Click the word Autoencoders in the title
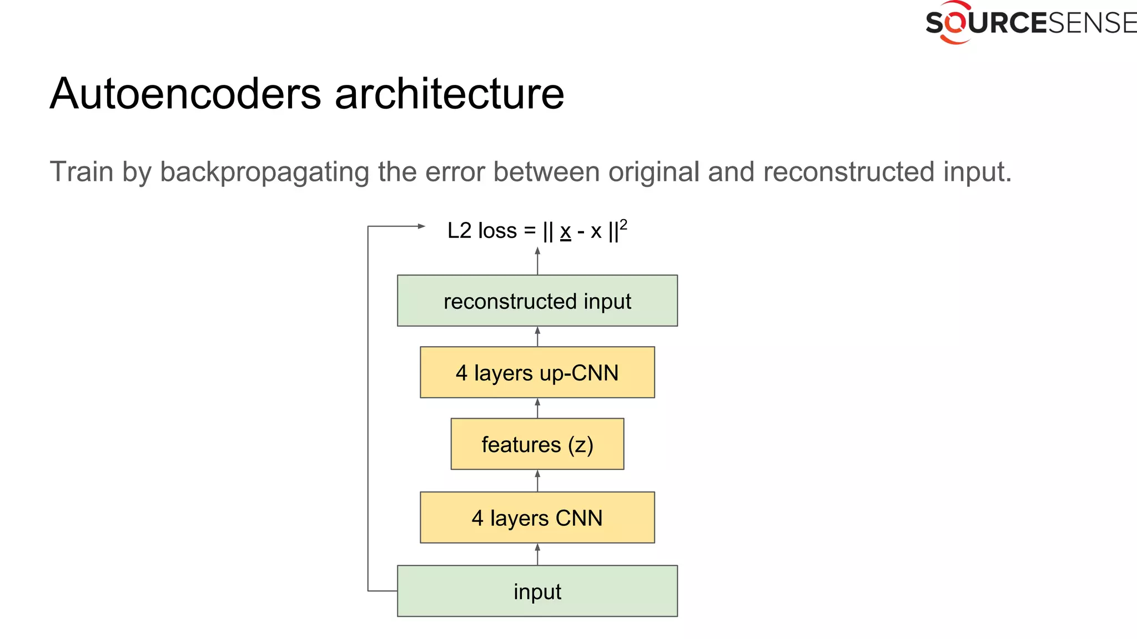pyautogui.click(x=185, y=93)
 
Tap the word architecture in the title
pyautogui.click(x=449, y=93)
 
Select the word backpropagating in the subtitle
pyautogui.click(x=264, y=172)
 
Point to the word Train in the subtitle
pyautogui.click(x=82, y=171)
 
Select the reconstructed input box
pyautogui.click(x=537, y=301)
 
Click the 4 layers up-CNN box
pyautogui.click(x=537, y=372)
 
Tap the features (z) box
pyautogui.click(x=537, y=444)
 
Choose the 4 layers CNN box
pyautogui.click(x=537, y=518)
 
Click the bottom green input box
pyautogui.click(x=537, y=591)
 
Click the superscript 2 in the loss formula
pyautogui.click(x=623, y=224)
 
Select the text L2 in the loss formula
pyautogui.click(x=459, y=231)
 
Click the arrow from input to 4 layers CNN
pyautogui.click(x=537, y=554)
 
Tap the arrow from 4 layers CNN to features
pyautogui.click(x=537, y=480)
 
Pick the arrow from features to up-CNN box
pyautogui.click(x=537, y=408)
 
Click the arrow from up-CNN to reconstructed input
pyautogui.click(x=537, y=336)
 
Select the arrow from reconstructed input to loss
pyautogui.click(x=537, y=261)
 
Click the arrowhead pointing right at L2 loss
pyautogui.click(x=421, y=226)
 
